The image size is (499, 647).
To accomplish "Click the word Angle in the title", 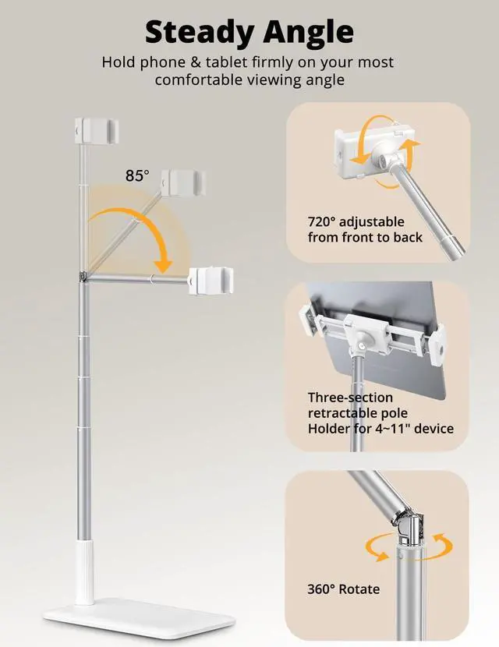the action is tap(308, 33).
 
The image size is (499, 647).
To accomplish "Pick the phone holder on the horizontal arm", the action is tap(212, 280).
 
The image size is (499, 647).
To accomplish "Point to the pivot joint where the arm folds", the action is tap(83, 275).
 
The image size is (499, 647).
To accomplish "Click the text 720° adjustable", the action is tap(355, 221).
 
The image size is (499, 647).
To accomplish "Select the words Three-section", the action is tap(350, 398).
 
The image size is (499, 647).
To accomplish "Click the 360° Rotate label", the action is tap(343, 589).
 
